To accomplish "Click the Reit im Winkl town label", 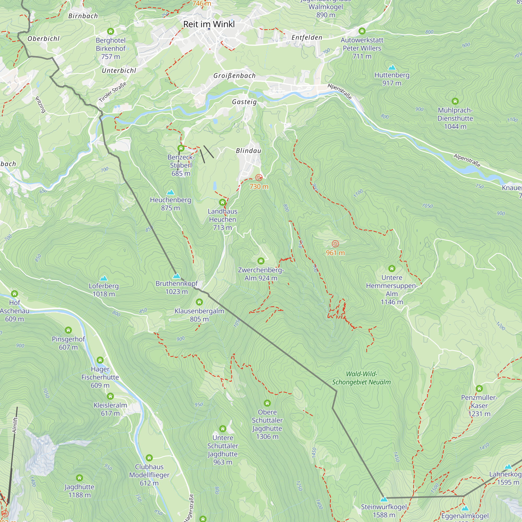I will click(x=209, y=24).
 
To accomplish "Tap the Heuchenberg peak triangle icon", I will click(x=170, y=192).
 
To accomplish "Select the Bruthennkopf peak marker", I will click(x=176, y=276).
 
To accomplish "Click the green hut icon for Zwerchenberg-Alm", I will click(x=261, y=261).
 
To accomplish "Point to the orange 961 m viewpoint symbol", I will click(x=335, y=244).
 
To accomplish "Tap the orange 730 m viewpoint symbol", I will click(x=259, y=178).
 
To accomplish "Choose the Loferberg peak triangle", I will click(x=104, y=278).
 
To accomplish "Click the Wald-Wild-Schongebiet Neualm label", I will click(x=361, y=378).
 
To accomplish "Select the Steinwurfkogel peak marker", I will click(x=384, y=499).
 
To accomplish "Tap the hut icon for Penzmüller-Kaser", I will click(x=479, y=389).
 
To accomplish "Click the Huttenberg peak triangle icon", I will click(x=392, y=68).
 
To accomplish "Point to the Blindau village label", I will click(x=248, y=151).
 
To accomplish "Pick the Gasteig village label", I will click(x=244, y=102).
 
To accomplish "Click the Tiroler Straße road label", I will click(x=113, y=92).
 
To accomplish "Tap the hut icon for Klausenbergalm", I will click(x=199, y=302).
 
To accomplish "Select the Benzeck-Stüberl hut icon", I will click(x=181, y=148).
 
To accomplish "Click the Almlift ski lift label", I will click(x=15, y=425).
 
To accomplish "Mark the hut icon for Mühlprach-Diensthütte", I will click(x=455, y=101).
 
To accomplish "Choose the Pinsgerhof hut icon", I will click(x=68, y=330).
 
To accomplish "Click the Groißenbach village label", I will click(x=234, y=76).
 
